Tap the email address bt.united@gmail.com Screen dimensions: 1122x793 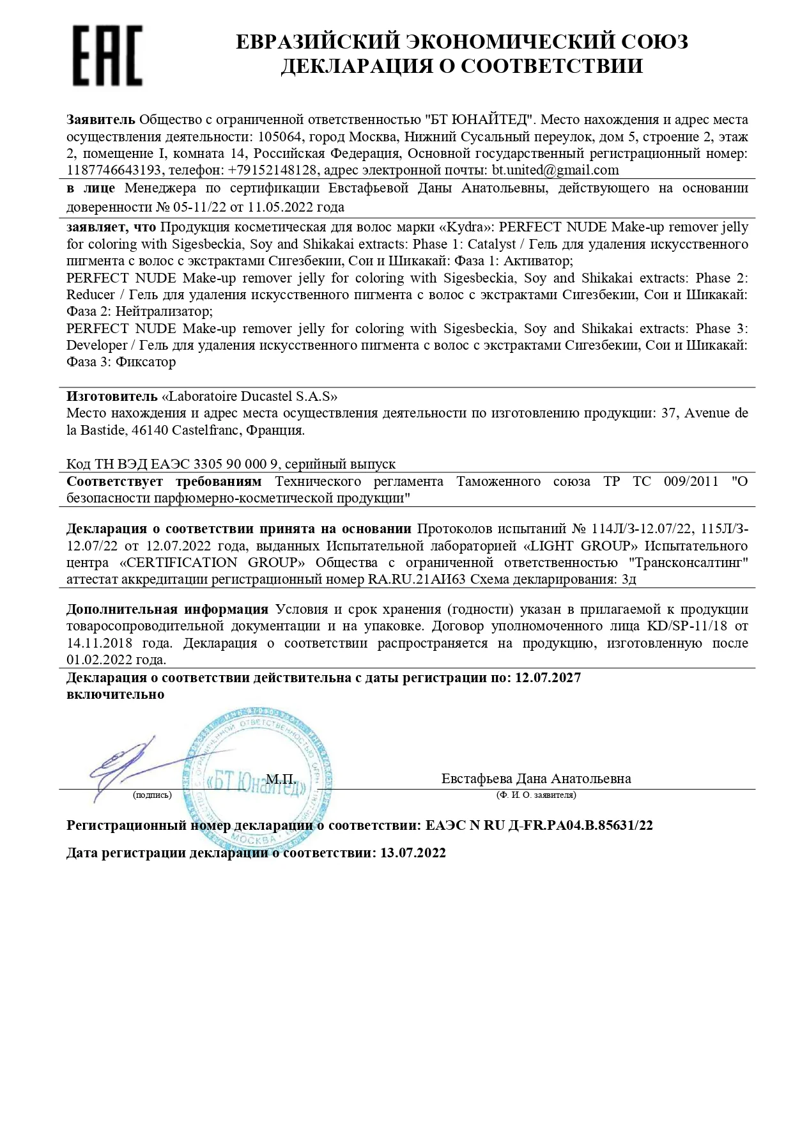(555, 170)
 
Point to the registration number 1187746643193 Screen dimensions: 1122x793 (114, 170)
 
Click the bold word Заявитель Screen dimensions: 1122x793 (100, 120)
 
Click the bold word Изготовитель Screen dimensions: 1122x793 (112, 396)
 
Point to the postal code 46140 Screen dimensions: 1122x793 (150, 430)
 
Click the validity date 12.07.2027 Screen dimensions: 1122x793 (548, 678)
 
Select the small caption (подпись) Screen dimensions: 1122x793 (152, 795)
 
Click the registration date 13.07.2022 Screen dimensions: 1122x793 (413, 853)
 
